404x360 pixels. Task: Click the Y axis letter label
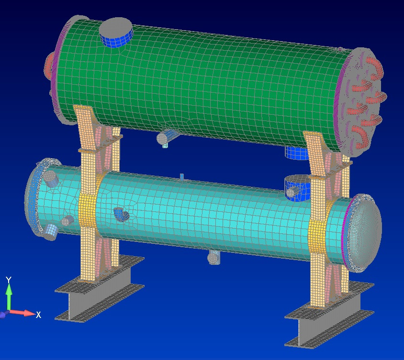coord(9,280)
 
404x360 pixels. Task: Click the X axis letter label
coord(38,315)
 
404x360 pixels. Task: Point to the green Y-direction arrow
coord(9,297)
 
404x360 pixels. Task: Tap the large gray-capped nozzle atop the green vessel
coord(116,32)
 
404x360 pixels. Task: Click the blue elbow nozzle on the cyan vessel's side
coord(122,214)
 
